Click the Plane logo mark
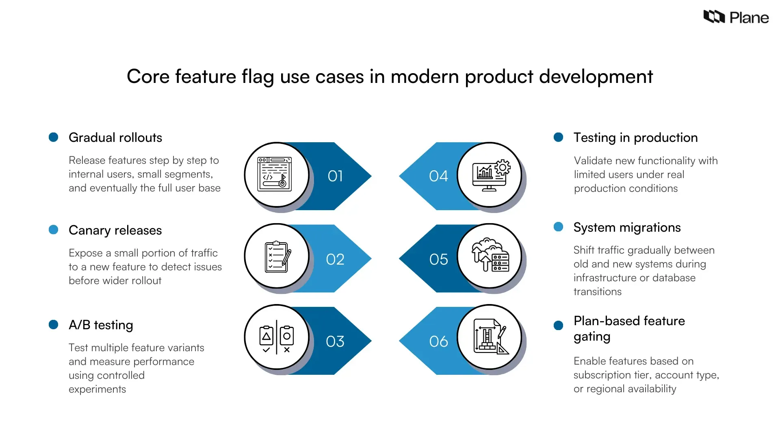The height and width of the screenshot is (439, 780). [x=714, y=17]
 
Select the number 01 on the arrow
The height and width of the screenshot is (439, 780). [x=335, y=176]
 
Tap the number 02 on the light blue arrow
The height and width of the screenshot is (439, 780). [x=335, y=259]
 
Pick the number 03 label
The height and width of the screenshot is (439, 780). [x=335, y=341]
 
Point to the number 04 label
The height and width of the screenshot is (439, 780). [x=438, y=176]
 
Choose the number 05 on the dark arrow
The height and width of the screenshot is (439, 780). [x=438, y=259]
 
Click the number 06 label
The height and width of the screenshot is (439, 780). [x=438, y=341]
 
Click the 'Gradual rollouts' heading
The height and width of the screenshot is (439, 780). [x=115, y=137]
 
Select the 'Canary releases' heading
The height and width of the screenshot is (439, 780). [x=115, y=230]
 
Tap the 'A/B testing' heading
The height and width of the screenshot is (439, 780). [x=101, y=325]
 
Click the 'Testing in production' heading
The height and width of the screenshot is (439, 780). [x=635, y=137]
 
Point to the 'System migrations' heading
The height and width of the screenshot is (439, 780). [x=627, y=227]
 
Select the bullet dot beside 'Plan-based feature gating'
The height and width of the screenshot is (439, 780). [x=559, y=325]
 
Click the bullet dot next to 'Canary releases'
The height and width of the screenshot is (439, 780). [x=53, y=230]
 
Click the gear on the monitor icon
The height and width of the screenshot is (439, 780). [x=503, y=167]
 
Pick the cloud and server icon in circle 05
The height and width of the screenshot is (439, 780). [x=490, y=255]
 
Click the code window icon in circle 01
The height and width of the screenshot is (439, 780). [x=275, y=174]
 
